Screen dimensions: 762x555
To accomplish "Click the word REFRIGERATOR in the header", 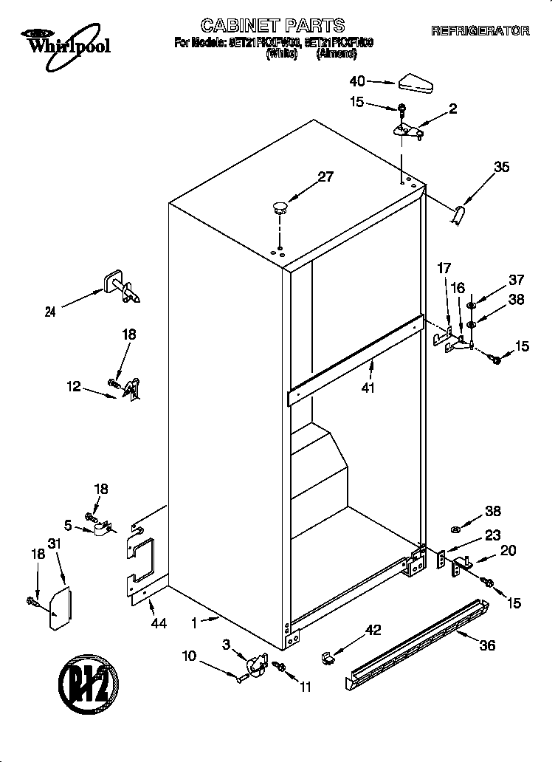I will point(480,31).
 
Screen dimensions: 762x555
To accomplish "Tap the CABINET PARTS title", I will point(273,27).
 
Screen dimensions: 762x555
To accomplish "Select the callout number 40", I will point(357,80).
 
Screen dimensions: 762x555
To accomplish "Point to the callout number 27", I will point(325,176).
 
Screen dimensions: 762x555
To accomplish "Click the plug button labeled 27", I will point(279,207).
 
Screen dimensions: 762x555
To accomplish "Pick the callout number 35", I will point(501,168).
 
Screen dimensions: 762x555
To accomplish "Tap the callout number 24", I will point(50,312).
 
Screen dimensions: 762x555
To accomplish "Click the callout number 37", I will point(516,279).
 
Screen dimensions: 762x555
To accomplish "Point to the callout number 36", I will point(487,645).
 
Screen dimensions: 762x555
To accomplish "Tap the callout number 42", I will point(373,630).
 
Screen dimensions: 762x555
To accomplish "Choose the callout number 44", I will point(158,623).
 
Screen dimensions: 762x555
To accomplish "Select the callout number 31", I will point(53,544).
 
